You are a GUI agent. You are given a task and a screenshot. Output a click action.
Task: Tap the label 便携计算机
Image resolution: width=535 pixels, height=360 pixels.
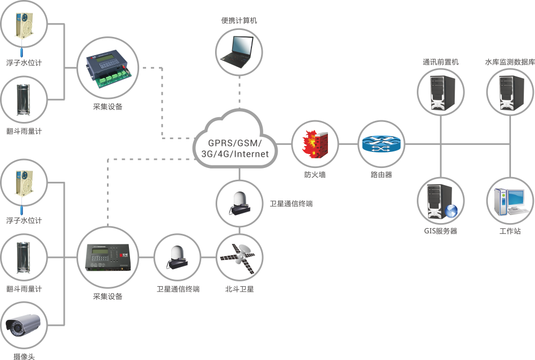click(239, 21)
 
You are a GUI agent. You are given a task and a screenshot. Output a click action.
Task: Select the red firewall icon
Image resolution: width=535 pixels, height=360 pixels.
click(315, 144)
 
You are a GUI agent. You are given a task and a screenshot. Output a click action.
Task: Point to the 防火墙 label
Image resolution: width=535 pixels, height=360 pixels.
click(315, 174)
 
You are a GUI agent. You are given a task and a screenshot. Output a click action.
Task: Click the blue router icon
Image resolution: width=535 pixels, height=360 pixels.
click(381, 143)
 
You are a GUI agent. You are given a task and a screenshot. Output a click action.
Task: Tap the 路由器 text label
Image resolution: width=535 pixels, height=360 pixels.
click(381, 174)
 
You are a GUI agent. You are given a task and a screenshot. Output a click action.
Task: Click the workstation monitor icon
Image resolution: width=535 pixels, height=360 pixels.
click(510, 201)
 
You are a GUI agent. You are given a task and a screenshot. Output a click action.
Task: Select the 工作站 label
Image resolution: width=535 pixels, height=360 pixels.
click(510, 232)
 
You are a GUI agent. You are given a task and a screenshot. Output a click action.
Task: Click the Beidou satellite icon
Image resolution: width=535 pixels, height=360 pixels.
click(239, 257)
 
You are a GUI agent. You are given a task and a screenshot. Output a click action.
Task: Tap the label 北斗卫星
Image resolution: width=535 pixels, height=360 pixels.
click(239, 289)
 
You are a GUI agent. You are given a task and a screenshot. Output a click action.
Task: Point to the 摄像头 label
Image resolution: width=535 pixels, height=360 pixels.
click(24, 356)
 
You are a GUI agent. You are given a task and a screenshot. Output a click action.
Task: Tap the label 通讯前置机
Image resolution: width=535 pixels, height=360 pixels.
click(441, 62)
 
